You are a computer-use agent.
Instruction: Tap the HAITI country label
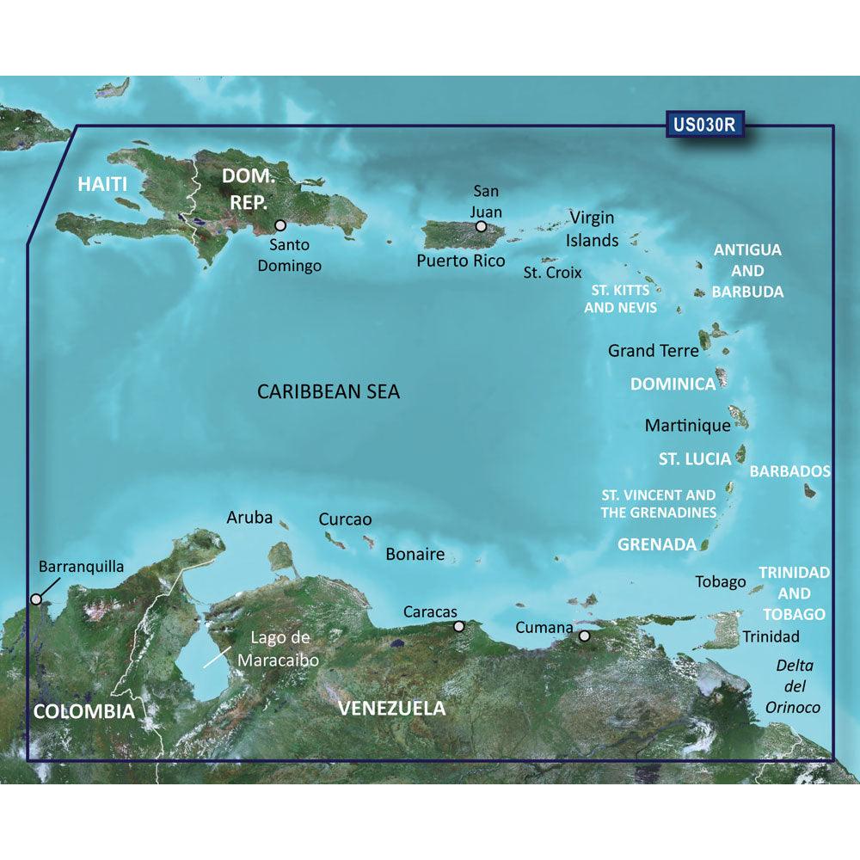(102, 183)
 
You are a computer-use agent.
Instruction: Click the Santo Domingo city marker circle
(280, 226)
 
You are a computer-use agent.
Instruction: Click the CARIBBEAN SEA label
(329, 392)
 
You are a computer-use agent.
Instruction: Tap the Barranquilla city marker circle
(36, 599)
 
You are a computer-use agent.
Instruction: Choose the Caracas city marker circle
(459, 627)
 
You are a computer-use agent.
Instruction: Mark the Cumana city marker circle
(584, 636)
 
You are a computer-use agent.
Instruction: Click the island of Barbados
(809, 491)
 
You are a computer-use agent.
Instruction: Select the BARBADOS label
(789, 471)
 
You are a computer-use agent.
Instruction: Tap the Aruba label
(249, 518)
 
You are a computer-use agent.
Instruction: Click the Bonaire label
(415, 555)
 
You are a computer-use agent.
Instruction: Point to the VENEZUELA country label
(392, 709)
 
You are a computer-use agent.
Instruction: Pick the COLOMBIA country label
(84, 711)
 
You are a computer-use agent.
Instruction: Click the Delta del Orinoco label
(795, 686)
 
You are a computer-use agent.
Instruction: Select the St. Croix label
(553, 273)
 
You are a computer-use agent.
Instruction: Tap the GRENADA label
(657, 544)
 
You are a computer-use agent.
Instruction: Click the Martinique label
(687, 425)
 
